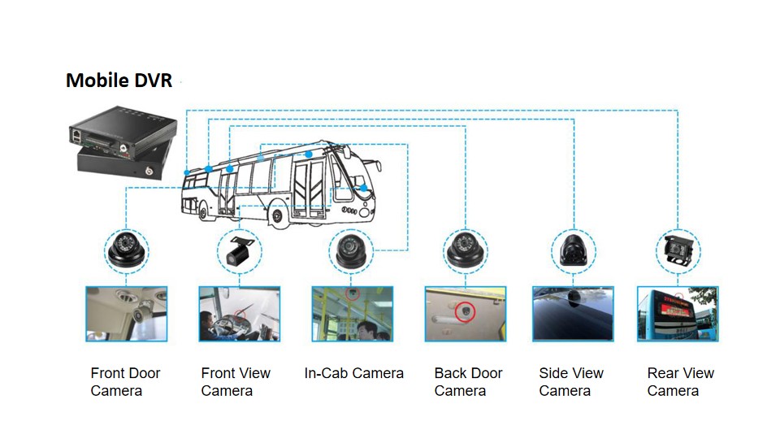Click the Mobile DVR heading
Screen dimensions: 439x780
click(119, 80)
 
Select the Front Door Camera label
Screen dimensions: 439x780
click(125, 382)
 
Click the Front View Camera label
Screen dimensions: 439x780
click(236, 382)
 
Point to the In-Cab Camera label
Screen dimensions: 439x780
click(353, 373)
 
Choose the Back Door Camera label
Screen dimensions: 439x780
click(468, 382)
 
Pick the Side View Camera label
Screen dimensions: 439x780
click(571, 382)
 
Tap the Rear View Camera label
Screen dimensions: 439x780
click(680, 382)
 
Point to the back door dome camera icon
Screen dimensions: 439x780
click(466, 250)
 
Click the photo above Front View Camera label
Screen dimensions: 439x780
click(240, 313)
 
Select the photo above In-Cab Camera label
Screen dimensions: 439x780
click(352, 313)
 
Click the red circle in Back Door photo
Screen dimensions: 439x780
click(466, 311)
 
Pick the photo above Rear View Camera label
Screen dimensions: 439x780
click(677, 313)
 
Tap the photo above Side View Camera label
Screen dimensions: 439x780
click(572, 313)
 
